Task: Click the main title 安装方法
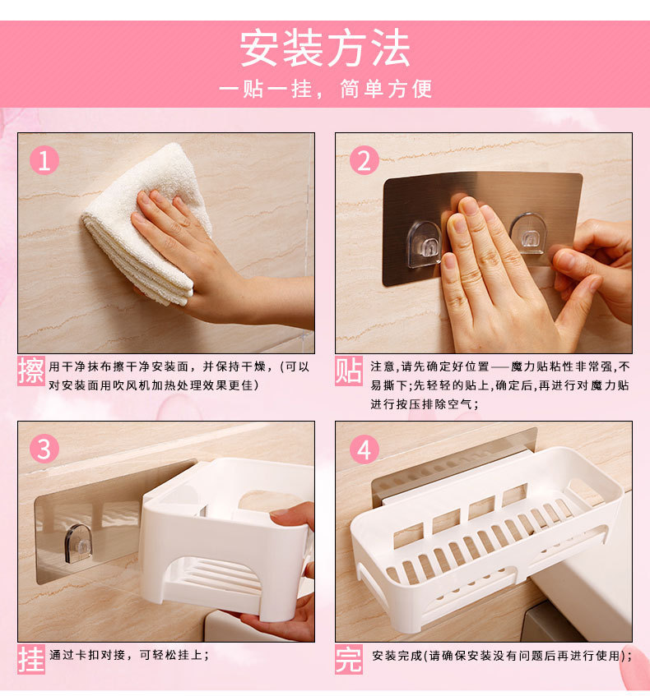point(325,48)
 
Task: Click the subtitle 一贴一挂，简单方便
point(325,89)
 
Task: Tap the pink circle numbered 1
point(44,160)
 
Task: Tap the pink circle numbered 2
point(364,160)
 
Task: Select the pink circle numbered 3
point(44,449)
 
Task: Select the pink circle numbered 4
point(364,449)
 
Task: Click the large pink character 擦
point(31,371)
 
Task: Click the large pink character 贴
point(349,371)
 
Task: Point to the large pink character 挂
point(31,660)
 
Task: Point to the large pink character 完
point(349,660)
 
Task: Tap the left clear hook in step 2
point(424,245)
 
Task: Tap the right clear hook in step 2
point(527,233)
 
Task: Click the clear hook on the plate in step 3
point(79,544)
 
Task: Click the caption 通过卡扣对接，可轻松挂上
point(129,655)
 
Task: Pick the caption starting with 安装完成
point(502,656)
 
